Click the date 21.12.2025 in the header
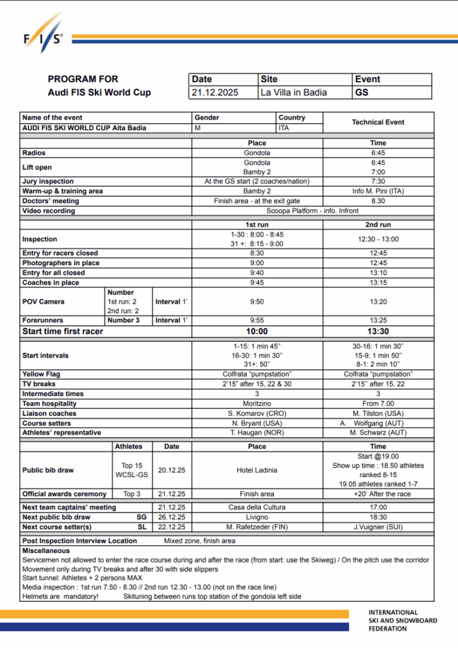click(x=215, y=92)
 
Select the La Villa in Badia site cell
click(x=294, y=92)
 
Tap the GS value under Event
click(x=362, y=92)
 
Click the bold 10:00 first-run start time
click(x=257, y=331)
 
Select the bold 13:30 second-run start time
click(x=378, y=331)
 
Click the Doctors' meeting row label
click(x=51, y=201)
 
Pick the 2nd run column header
click(x=378, y=225)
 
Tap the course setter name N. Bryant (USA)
click(x=257, y=423)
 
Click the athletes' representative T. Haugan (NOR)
click(x=257, y=433)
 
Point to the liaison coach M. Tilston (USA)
click(x=378, y=413)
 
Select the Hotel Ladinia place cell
click(x=257, y=470)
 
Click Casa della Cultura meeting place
click(x=257, y=508)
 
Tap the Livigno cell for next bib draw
click(x=257, y=517)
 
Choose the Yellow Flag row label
click(x=42, y=374)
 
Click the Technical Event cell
click(x=378, y=122)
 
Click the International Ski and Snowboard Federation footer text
click(x=402, y=620)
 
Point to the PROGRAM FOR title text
click(x=83, y=79)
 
